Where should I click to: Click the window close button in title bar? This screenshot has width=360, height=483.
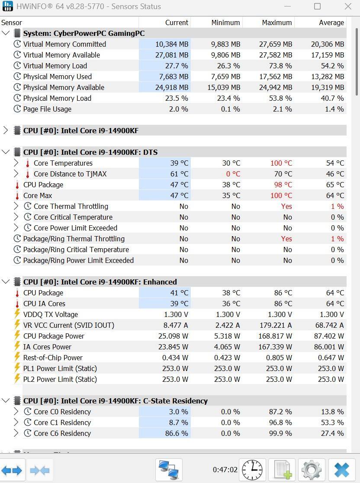pyautogui.click(x=348, y=6)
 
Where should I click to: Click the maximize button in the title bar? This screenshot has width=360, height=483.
pyautogui.click(x=317, y=6)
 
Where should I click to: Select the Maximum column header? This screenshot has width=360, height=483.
pyautogui.click(x=276, y=22)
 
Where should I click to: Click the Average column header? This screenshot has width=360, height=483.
pyautogui.click(x=331, y=22)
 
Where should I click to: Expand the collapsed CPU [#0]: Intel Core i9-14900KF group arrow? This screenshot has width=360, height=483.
pyautogui.click(x=6, y=130)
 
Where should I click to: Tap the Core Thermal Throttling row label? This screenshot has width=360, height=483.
pyautogui.click(x=71, y=206)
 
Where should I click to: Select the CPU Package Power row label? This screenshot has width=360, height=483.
pyautogui.click(x=54, y=336)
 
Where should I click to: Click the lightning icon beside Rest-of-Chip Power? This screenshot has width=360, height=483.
pyautogui.click(x=17, y=358)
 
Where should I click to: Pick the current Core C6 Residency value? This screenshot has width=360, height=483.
pyautogui.click(x=177, y=433)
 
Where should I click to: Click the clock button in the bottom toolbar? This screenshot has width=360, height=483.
pyautogui.click(x=252, y=470)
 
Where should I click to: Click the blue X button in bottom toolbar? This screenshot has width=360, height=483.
pyautogui.click(x=341, y=470)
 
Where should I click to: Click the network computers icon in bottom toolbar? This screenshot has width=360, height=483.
pyautogui.click(x=169, y=470)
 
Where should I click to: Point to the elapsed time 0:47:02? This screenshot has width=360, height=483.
pyautogui.click(x=225, y=470)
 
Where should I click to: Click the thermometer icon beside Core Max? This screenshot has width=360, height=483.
pyautogui.click(x=17, y=195)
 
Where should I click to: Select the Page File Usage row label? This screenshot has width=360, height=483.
pyautogui.click(x=47, y=109)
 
